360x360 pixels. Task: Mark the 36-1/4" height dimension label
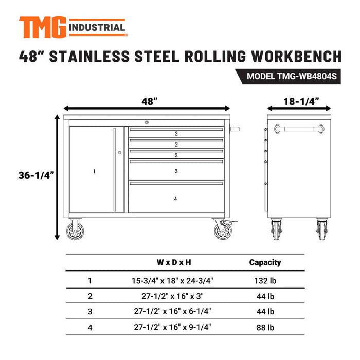[x=35, y=176]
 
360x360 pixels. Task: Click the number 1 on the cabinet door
[x=95, y=171]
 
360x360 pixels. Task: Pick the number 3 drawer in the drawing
[x=176, y=171]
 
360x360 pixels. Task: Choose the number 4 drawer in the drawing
[x=176, y=198]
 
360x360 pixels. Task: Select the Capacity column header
[x=265, y=263]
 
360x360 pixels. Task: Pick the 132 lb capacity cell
[x=265, y=281]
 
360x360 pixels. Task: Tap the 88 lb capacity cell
[x=265, y=327]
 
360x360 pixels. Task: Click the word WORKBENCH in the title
[x=291, y=56]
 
